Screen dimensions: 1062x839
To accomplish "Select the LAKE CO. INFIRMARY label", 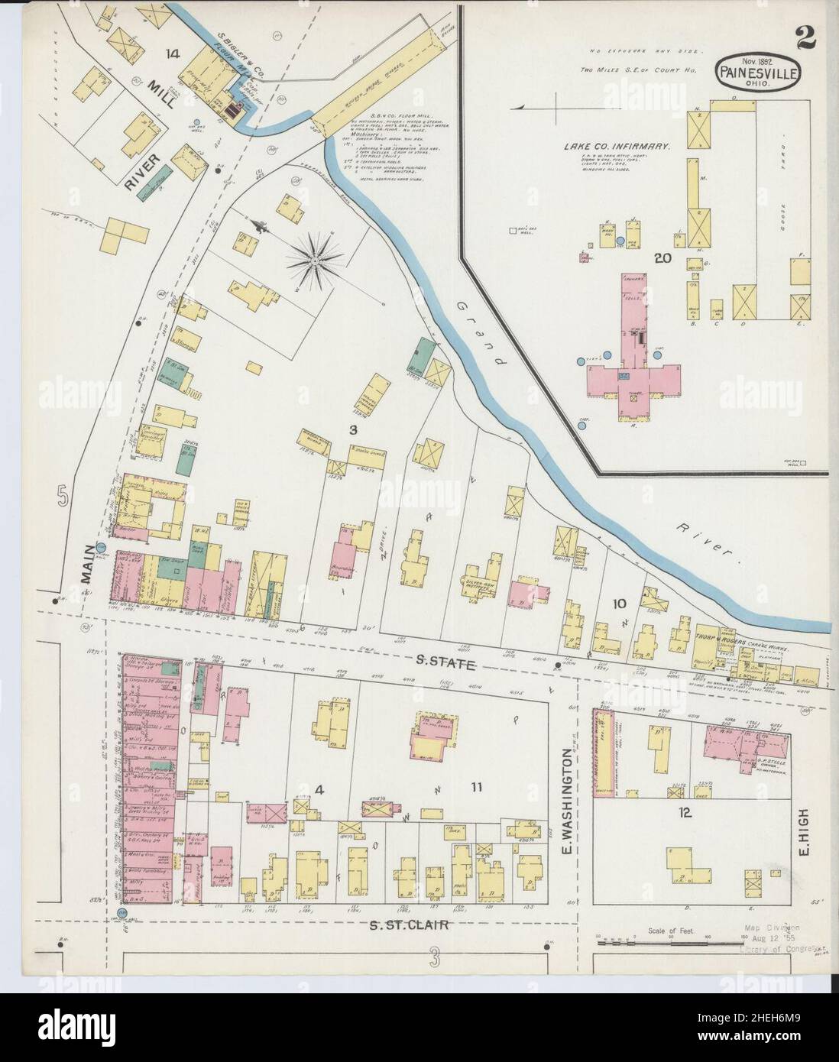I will tap(617, 144).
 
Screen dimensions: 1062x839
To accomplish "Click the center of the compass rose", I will tap(314, 261).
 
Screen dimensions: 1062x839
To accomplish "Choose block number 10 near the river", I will tap(618, 604).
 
